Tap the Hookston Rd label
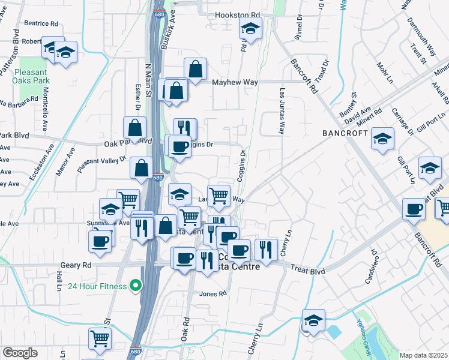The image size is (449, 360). pyautogui.click(x=238, y=14)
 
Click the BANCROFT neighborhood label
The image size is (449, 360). pyautogui.click(x=345, y=133)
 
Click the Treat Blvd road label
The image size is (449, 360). pyautogui.click(x=308, y=271)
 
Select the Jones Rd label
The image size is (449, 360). pyautogui.click(x=214, y=294)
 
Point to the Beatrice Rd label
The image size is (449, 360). pyautogui.click(x=41, y=24)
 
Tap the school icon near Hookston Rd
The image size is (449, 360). pyautogui.click(x=251, y=28)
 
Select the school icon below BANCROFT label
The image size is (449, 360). pyautogui.click(x=382, y=139)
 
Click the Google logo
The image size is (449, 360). pyautogui.click(x=20, y=353)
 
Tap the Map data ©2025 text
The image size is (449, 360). pyautogui.click(x=423, y=355)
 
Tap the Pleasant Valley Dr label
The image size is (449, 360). pyautogui.click(x=102, y=163)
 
